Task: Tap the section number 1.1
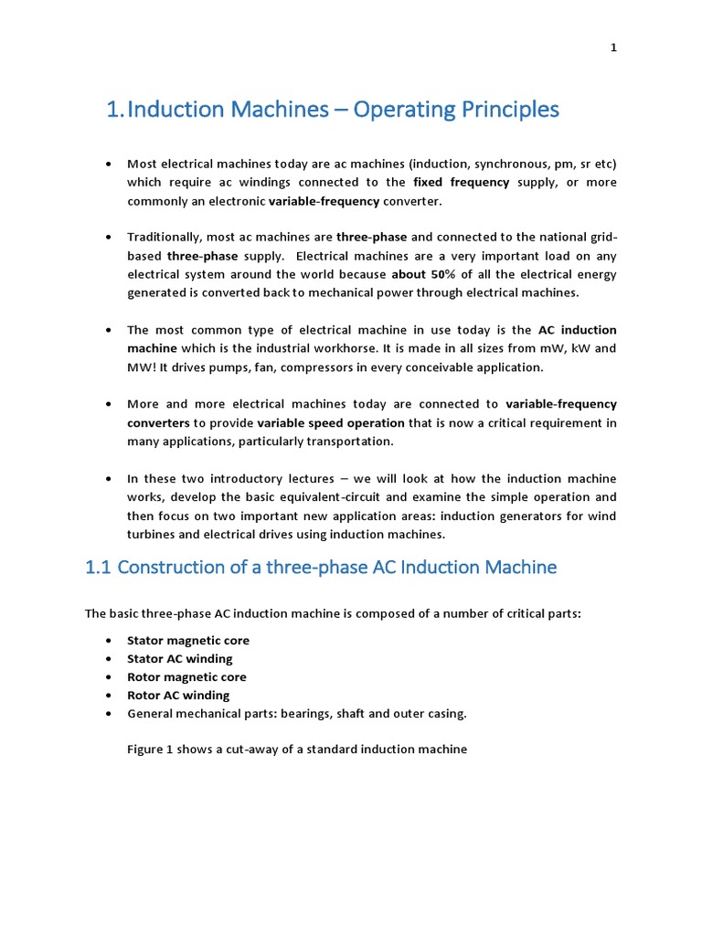coord(98,567)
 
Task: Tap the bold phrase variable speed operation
coord(331,423)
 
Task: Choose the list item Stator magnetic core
coord(187,641)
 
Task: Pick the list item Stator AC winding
coord(180,659)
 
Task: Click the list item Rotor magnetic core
coord(186,677)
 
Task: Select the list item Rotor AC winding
coord(178,696)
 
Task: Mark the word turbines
coord(154,535)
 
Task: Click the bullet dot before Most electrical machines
coord(109,165)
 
